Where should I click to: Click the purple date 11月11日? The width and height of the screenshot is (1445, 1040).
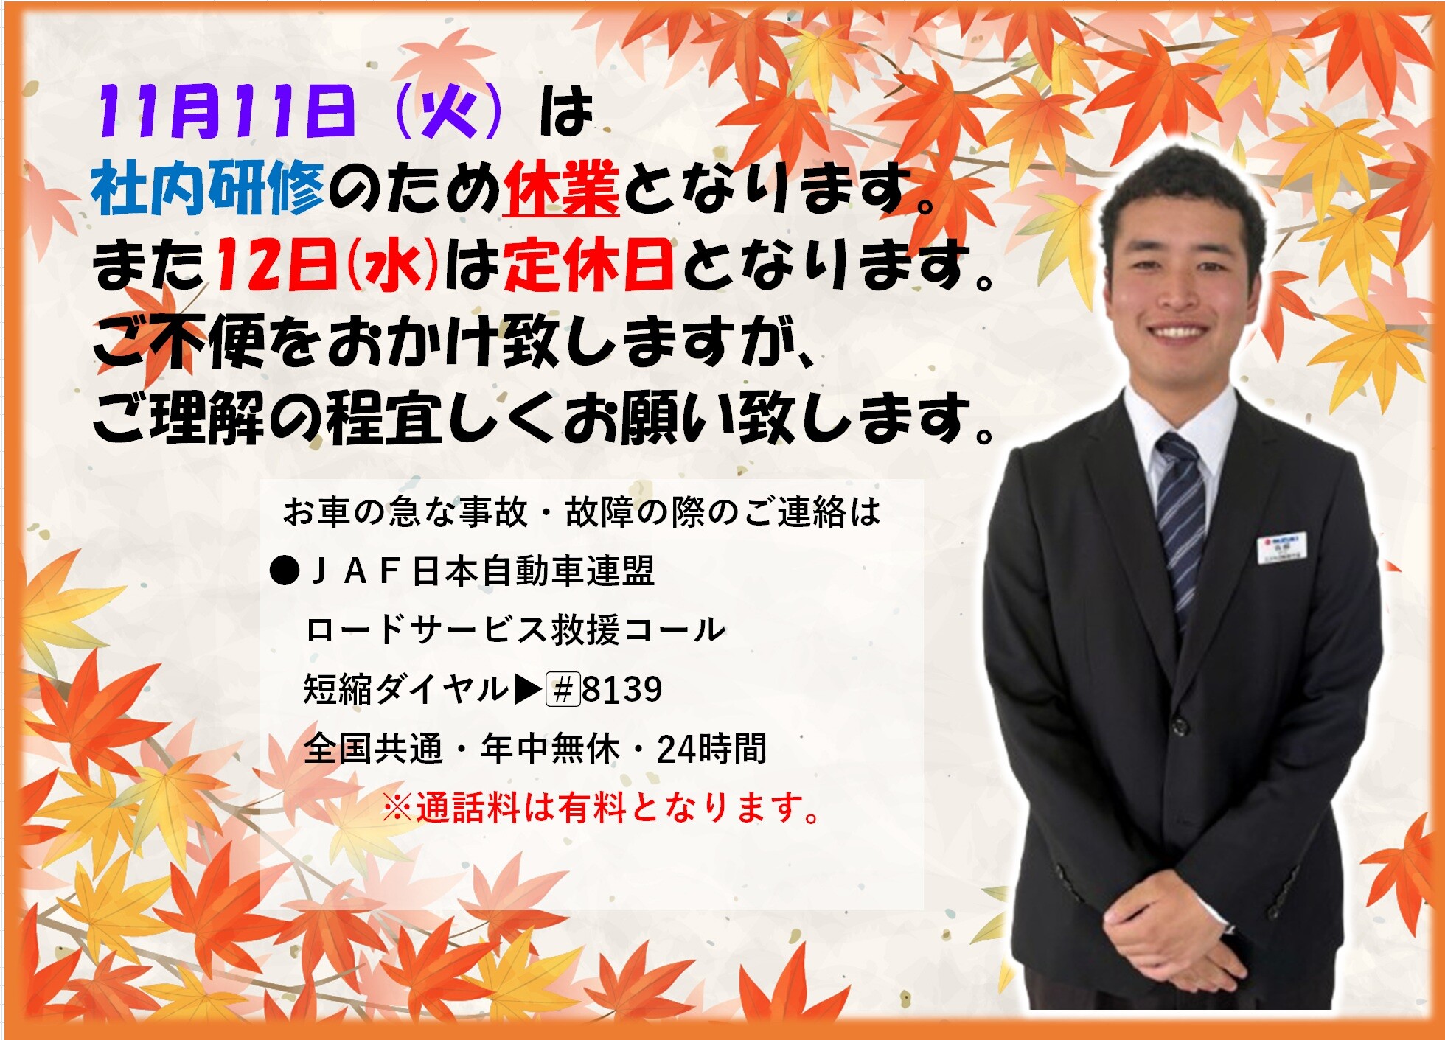pyautogui.click(x=226, y=112)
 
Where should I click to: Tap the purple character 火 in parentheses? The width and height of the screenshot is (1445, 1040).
pyautogui.click(x=449, y=113)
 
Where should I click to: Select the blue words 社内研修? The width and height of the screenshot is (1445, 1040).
pyautogui.click(x=208, y=189)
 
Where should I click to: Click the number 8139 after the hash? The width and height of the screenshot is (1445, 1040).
pyautogui.click(x=622, y=690)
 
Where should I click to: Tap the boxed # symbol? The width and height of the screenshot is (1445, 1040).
pyautogui.click(x=563, y=690)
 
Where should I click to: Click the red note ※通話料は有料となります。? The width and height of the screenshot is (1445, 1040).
pyautogui.click(x=602, y=808)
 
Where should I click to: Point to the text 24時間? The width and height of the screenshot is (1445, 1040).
pyautogui.click(x=711, y=749)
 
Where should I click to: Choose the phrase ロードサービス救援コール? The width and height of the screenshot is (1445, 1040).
pyautogui.click(x=515, y=630)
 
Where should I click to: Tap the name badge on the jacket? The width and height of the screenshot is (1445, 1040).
pyautogui.click(x=1281, y=548)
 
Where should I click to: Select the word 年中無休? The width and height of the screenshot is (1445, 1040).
pyautogui.click(x=550, y=749)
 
